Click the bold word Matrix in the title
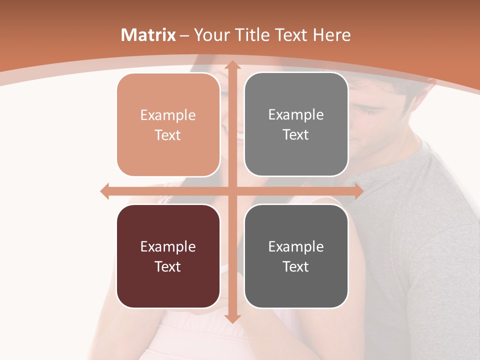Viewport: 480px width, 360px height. click(148, 35)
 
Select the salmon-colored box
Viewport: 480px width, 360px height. click(168, 125)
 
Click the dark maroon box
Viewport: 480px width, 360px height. click(168, 256)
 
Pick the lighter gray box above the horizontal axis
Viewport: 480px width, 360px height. click(296, 124)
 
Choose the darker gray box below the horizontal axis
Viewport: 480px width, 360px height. click(296, 256)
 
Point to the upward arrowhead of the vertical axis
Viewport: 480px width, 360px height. click(232, 64)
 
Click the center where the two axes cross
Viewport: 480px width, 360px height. click(232, 191)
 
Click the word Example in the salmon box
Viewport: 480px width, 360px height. click(168, 115)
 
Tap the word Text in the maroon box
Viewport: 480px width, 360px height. click(168, 266)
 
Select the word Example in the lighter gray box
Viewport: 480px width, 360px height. click(296, 115)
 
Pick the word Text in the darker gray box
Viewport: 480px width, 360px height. click(296, 266)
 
